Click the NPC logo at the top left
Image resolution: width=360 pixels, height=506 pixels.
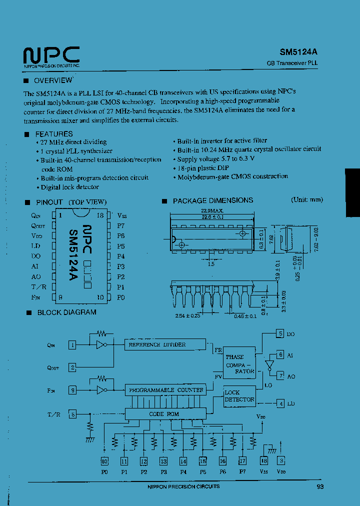click(x=51, y=55)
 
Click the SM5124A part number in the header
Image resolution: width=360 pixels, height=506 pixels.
click(x=298, y=51)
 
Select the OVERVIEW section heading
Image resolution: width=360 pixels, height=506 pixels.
click(x=53, y=80)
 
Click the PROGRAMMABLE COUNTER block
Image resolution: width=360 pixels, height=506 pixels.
click(x=166, y=389)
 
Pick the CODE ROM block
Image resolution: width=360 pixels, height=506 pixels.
click(x=164, y=414)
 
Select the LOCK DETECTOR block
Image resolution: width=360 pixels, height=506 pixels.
click(x=239, y=396)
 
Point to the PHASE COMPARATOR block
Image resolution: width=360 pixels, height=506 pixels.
click(x=238, y=364)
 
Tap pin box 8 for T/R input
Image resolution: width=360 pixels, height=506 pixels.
click(x=73, y=414)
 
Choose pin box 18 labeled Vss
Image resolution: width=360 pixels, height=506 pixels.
click(x=263, y=461)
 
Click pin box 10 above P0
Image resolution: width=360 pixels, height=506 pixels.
click(x=104, y=461)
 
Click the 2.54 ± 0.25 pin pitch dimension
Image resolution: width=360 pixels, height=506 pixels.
click(x=187, y=315)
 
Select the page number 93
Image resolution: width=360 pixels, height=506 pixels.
click(x=320, y=486)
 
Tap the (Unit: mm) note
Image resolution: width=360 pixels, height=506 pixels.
click(x=307, y=199)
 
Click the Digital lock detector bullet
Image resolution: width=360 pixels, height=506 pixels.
click(x=70, y=187)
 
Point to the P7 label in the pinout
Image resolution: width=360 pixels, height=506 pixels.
click(x=120, y=225)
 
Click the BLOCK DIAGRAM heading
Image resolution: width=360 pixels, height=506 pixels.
click(x=66, y=312)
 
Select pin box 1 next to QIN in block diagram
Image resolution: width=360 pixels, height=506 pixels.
click(x=73, y=344)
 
